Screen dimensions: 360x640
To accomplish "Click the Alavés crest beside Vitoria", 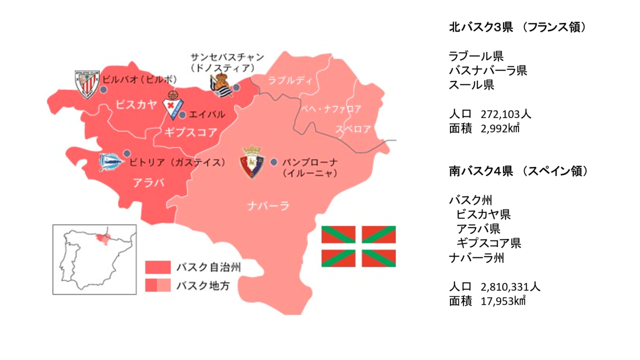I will click(109, 162).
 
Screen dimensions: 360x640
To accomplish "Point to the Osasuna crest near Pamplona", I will click(252, 162).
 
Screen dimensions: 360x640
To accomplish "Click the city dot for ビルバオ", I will click(102, 89).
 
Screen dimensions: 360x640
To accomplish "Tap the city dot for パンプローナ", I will click(273, 162).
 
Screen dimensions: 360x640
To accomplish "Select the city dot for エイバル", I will click(182, 115).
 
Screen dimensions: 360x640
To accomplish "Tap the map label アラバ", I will click(148, 182).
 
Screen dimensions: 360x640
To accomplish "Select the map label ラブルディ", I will click(289, 80).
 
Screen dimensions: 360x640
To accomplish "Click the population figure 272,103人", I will click(505, 114).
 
